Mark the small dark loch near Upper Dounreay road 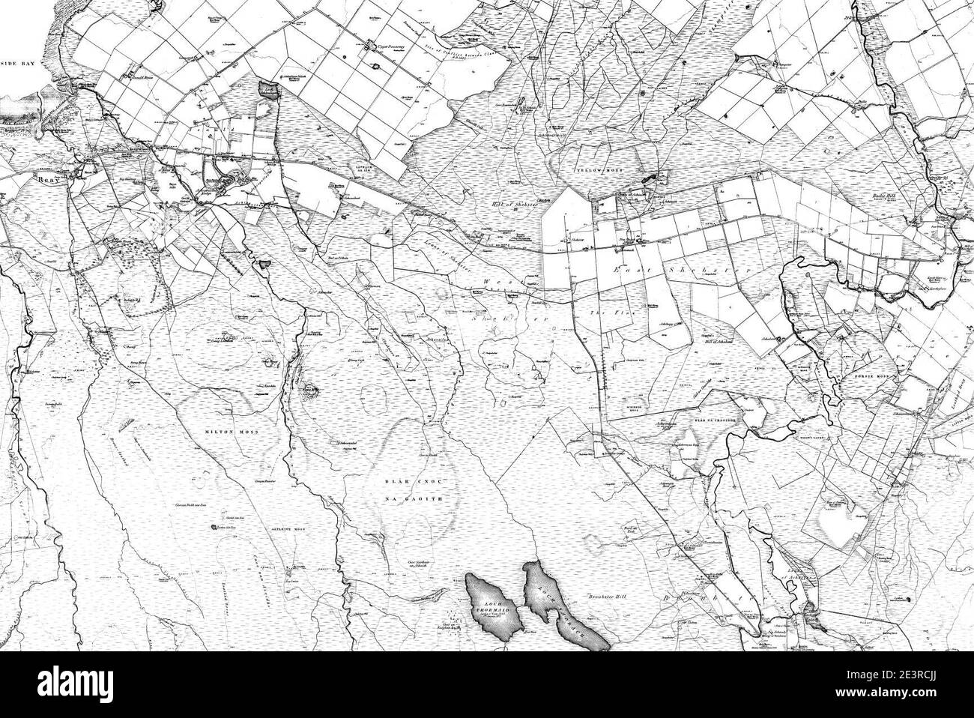[x=268, y=91]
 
